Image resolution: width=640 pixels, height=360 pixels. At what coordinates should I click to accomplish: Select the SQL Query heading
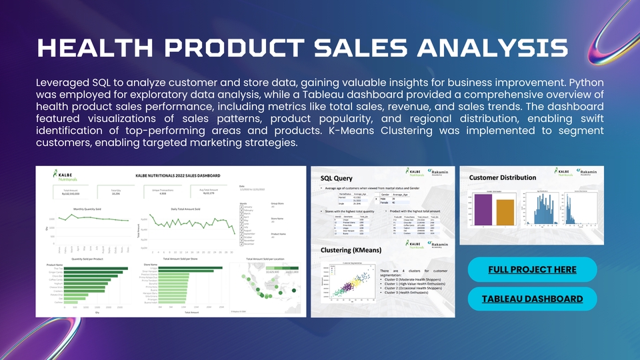(337, 178)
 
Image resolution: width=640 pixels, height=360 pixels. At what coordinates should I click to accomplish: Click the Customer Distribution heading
(503, 177)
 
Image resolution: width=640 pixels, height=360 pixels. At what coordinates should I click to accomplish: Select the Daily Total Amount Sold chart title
(181, 209)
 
